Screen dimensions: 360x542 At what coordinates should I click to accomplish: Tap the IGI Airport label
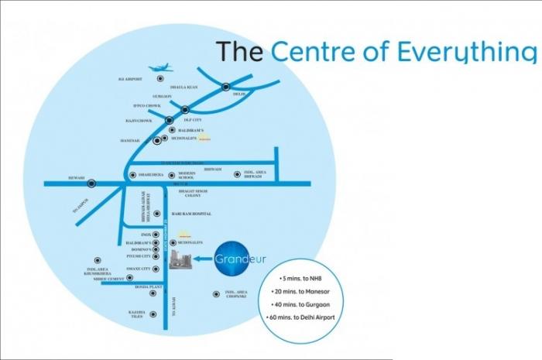pos(129,79)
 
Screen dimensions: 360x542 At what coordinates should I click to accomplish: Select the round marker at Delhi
pos(226,87)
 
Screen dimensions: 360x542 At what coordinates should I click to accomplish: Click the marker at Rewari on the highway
pos(92,183)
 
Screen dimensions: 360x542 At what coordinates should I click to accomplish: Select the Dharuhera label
pos(153,174)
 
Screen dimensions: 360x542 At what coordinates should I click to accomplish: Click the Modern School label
pos(187,176)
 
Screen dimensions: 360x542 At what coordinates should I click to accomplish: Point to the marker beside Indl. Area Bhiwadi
pos(238,174)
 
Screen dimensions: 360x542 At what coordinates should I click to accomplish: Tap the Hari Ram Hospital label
pos(190,213)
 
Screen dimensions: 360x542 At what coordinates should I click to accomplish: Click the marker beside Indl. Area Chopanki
pos(216,293)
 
